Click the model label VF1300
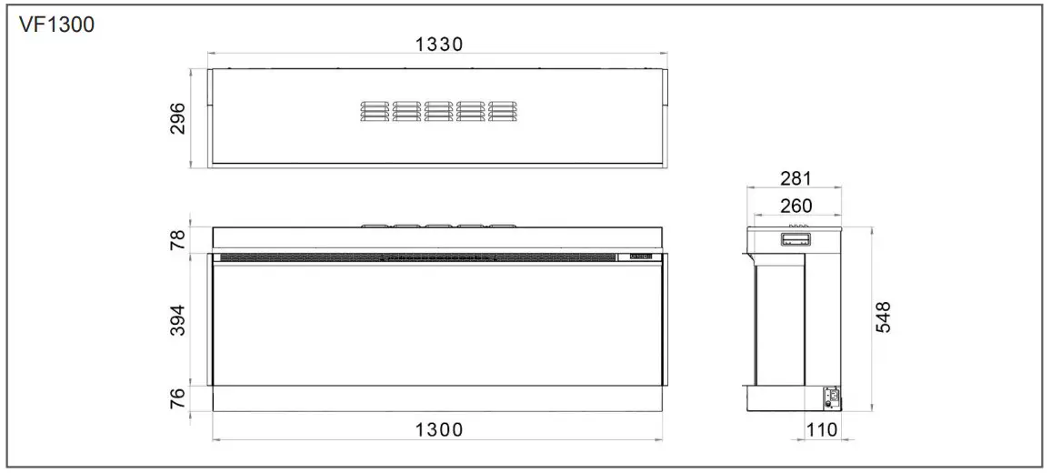tap(56, 24)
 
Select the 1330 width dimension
tap(439, 45)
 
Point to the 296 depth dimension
tap(177, 118)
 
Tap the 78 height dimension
tap(177, 239)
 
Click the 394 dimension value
tap(177, 320)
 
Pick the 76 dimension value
tap(177, 398)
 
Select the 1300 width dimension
tap(438, 429)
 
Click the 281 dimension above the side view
tap(795, 178)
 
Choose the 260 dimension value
tap(795, 206)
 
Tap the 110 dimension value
tap(823, 429)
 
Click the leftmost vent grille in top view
tap(375, 110)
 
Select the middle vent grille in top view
tap(439, 110)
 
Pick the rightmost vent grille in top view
tap(503, 110)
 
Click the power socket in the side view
tap(830, 397)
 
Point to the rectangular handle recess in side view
tap(794, 240)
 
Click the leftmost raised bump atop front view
tap(375, 224)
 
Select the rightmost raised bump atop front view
tap(503, 224)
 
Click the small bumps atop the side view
tap(797, 226)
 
